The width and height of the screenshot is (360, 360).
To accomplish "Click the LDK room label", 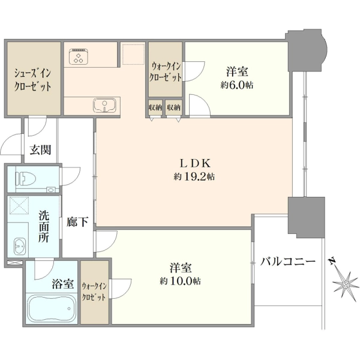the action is coord(194,163).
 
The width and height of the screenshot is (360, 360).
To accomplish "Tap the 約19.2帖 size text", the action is coord(194,176).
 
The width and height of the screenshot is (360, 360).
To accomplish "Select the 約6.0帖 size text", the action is coord(237,85).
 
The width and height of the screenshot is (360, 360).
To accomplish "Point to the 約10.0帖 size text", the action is coord(180,281).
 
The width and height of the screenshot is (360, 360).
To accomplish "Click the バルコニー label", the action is coord(287,261).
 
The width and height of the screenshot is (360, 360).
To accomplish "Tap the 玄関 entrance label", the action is coord(40,150).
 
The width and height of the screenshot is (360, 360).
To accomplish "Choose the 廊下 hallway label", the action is coord(77,222).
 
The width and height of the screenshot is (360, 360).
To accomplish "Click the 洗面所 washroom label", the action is coord(44,226).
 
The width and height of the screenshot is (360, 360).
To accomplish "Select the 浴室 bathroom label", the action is coord(62,284).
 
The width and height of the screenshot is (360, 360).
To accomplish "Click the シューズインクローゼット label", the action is coord(32,80).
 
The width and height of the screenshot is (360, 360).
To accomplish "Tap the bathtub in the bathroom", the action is coord(52,308).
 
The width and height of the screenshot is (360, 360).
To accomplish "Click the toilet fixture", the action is coord(25,179).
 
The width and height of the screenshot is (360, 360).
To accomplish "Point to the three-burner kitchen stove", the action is coord(79,56).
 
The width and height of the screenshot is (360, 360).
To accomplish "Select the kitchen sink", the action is coord(104,105).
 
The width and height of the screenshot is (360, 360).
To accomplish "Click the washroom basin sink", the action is coord(20,246).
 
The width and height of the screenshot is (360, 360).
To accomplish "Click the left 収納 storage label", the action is coord(155,107).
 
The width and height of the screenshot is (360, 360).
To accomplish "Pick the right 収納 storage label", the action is coord(173,107).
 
